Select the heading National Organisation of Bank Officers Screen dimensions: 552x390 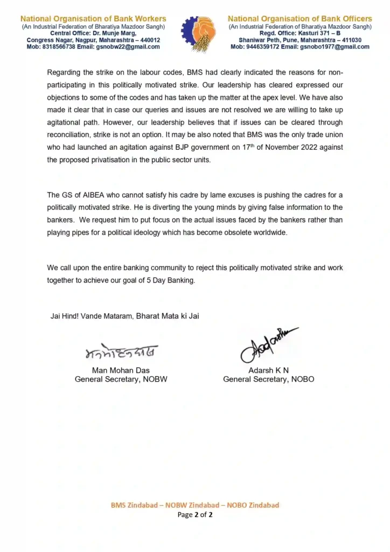(x=300, y=19)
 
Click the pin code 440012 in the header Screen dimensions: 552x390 (x=148, y=40)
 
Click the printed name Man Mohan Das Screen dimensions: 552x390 (x=121, y=370)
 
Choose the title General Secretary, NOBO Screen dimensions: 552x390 (x=268, y=379)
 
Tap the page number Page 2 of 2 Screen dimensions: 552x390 (x=195, y=515)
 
